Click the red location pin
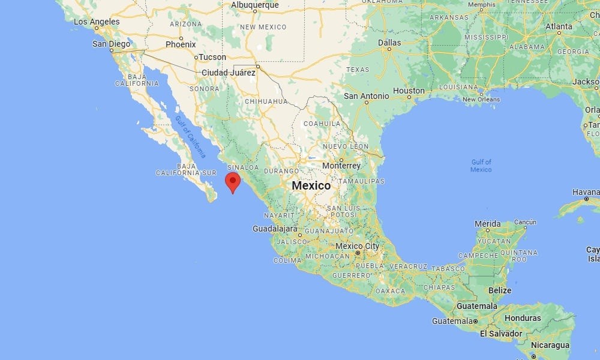coord(232,181)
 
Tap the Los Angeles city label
coord(97,22)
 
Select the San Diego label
coord(112,44)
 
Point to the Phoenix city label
coord(181,44)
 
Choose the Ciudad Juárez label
coord(229,73)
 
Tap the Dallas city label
coord(390,43)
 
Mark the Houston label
coord(409,91)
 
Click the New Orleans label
coord(481,99)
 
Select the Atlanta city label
coord(559,26)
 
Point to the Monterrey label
coord(341,166)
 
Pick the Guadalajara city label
coord(275,229)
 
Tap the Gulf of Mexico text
coord(481,166)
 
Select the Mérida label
coord(487,224)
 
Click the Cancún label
coord(525,222)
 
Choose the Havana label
coord(586,192)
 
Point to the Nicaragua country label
coord(549,345)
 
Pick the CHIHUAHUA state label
coord(266,101)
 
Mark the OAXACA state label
coord(391,291)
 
